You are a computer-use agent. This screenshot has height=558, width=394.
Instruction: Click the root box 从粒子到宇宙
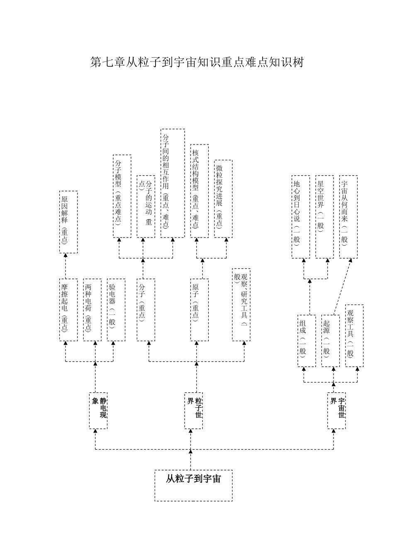tap(193, 485)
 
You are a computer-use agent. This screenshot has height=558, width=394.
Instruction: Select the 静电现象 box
tap(98, 411)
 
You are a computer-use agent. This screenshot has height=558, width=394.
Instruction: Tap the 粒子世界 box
tap(194, 411)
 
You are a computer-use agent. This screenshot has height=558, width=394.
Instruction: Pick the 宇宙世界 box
tap(336, 411)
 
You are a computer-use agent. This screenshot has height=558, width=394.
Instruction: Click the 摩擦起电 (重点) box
tap(68, 310)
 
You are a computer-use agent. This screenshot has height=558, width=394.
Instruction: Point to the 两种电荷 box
tap(92, 310)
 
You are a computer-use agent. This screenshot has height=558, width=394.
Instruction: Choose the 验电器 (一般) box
tap(116, 310)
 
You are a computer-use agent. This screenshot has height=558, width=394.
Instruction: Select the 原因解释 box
tap(68, 222)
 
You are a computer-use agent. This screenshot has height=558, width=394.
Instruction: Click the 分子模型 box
tap(122, 196)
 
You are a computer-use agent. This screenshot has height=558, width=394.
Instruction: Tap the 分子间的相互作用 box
tap(173, 183)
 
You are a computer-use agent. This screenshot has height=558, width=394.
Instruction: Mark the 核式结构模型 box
tap(199, 191)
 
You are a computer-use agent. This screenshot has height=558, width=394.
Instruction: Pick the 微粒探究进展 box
tap(224, 198)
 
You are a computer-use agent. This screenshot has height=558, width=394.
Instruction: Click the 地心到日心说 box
tap(301, 217)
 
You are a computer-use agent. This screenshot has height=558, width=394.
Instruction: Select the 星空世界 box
tap(325, 217)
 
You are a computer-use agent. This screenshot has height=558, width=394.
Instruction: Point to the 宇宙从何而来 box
tap(348, 217)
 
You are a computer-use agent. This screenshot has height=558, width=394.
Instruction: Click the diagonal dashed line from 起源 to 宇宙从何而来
tap(343, 287)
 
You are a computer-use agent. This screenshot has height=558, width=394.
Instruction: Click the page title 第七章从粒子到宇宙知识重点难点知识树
tap(197, 62)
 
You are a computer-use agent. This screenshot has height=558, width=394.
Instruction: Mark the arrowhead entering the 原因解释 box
tap(66, 255)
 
